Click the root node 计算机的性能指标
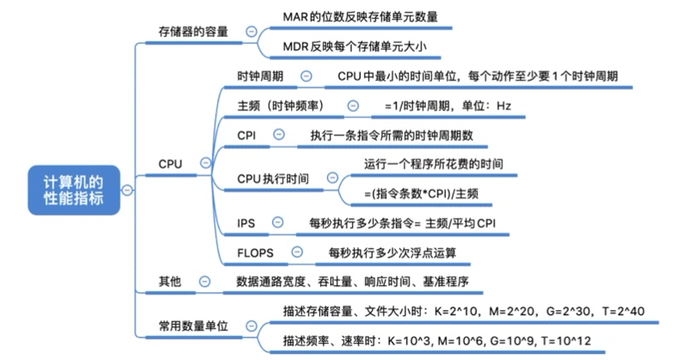pos(73,189)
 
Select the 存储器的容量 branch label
pos(194,31)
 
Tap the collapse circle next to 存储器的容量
pos(250,31)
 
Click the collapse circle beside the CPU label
pos(205,163)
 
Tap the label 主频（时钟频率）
pos(285,106)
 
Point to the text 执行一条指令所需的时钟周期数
pos(392,135)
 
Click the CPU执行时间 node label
pos(274,178)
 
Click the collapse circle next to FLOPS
pos(297,252)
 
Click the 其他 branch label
pos(170,281)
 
